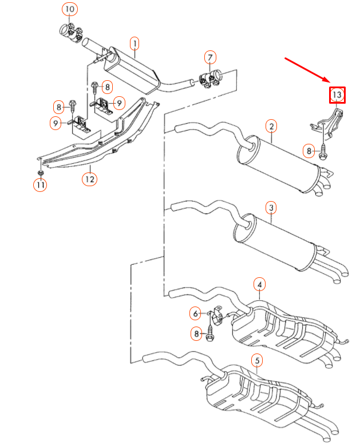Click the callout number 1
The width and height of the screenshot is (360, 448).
pyautogui.click(x=134, y=43)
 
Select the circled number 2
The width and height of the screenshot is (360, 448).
pyautogui.click(x=271, y=125)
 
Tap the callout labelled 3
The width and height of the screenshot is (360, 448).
pyautogui.click(x=271, y=207)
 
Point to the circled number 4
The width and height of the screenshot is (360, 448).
pyautogui.click(x=260, y=284)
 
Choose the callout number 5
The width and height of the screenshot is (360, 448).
pyautogui.click(x=258, y=360)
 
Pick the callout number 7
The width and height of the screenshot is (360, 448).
pyautogui.click(x=210, y=57)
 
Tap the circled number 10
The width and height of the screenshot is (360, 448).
pyautogui.click(x=69, y=10)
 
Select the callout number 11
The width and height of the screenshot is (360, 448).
pyautogui.click(x=40, y=184)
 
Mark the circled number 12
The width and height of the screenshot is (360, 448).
pyautogui.click(x=89, y=179)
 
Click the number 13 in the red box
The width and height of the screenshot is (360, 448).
pyautogui.click(x=337, y=94)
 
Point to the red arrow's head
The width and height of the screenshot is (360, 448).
pyautogui.click(x=328, y=81)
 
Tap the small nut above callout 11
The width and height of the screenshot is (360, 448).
pyautogui.click(x=40, y=172)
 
